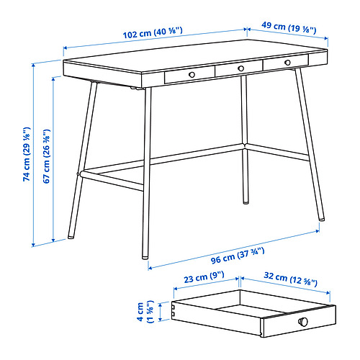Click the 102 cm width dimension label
point(153,32)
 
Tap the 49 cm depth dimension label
point(289,27)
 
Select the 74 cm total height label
point(27,154)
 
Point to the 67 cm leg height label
point(46,156)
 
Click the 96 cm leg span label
point(238,256)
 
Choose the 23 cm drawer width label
point(204,276)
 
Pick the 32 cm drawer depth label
point(291,279)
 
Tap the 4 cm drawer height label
point(145,312)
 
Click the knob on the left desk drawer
point(192,74)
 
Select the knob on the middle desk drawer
point(241,68)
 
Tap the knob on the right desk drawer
point(287,63)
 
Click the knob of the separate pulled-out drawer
point(303,321)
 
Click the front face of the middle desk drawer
point(239,68)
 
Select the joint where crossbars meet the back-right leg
point(245,146)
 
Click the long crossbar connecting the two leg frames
point(161,159)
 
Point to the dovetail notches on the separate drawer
point(173,310)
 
